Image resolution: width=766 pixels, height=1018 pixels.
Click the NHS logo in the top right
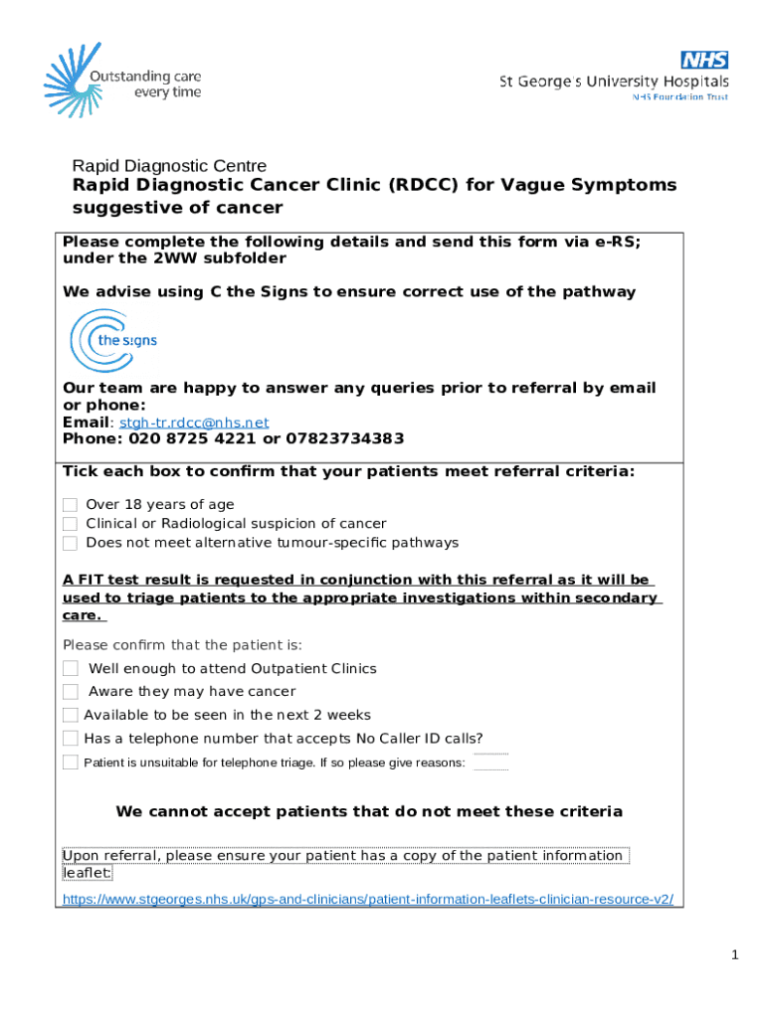pos(704,60)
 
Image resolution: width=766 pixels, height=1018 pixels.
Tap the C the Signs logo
pos(112,340)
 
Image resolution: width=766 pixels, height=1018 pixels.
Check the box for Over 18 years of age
pos(70,505)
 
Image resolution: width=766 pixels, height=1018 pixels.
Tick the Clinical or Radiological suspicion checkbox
pos(70,524)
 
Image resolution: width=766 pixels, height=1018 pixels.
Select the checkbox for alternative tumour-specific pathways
pos(70,543)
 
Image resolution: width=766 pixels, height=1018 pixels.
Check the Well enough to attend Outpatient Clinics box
pos(71,669)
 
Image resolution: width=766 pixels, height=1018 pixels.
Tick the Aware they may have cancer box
pos(71,692)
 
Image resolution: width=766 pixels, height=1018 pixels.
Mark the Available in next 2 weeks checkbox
pos(71,715)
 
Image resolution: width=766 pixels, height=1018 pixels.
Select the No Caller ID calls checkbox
pos(71,739)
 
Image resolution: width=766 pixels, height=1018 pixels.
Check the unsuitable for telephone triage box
pos(71,763)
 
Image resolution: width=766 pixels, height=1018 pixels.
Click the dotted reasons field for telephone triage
pos(490,763)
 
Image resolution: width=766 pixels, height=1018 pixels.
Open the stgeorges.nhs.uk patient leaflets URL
pos(367,899)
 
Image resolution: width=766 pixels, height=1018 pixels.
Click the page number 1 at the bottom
pos(734,955)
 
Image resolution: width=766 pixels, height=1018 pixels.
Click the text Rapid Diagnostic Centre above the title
pos(169,166)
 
